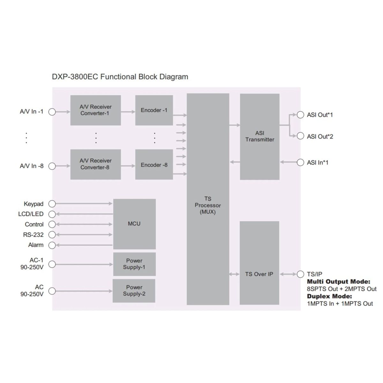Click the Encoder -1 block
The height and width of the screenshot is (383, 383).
(x=154, y=110)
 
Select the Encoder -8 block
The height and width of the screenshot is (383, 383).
(x=154, y=165)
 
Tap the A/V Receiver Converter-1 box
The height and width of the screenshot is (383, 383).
(x=95, y=110)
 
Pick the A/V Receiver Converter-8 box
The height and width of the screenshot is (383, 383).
(x=95, y=164)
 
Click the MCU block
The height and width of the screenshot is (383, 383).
(x=134, y=224)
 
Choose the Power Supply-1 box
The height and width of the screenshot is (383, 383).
(x=134, y=264)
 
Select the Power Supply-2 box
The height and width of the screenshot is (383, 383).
(x=134, y=290)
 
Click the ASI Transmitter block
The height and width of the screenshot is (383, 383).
(x=259, y=136)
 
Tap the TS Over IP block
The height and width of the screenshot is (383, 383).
(x=259, y=274)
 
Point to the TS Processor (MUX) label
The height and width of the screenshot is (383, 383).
(x=208, y=205)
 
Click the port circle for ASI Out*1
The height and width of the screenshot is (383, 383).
(x=300, y=115)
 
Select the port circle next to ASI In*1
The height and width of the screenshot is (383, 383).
(x=300, y=162)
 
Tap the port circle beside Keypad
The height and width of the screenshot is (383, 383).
(x=52, y=204)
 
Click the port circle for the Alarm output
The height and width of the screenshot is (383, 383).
(x=52, y=245)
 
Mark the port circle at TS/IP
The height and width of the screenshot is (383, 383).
(x=300, y=274)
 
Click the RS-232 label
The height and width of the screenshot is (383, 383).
(x=33, y=235)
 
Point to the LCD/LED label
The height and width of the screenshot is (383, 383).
(x=31, y=214)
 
